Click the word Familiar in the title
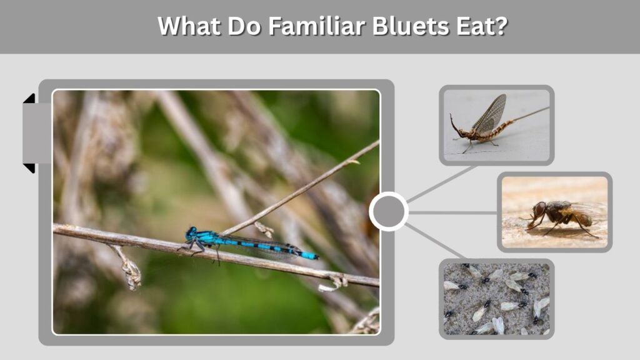click(316, 26)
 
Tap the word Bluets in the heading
click(411, 26)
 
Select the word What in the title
click(189, 26)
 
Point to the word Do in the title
click(244, 26)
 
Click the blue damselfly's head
click(191, 233)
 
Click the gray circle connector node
click(389, 211)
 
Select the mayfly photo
click(496, 125)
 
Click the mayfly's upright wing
click(491, 114)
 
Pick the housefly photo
click(554, 212)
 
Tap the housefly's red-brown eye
click(539, 209)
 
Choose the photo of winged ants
click(496, 299)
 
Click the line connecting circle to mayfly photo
click(442, 184)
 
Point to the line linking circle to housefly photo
click(452, 212)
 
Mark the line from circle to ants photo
click(436, 241)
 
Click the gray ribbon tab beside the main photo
click(36, 133)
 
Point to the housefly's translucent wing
click(588, 209)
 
